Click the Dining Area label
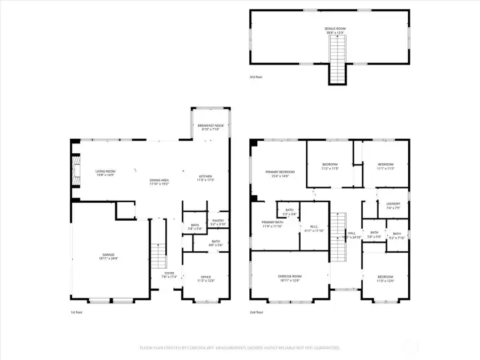pos(159,181)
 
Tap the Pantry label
pos(218,221)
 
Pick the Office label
pos(206,278)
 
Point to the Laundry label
pos(392,205)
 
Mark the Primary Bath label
pos(273,223)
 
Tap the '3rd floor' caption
pos(256,77)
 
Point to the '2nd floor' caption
pos(257,311)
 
